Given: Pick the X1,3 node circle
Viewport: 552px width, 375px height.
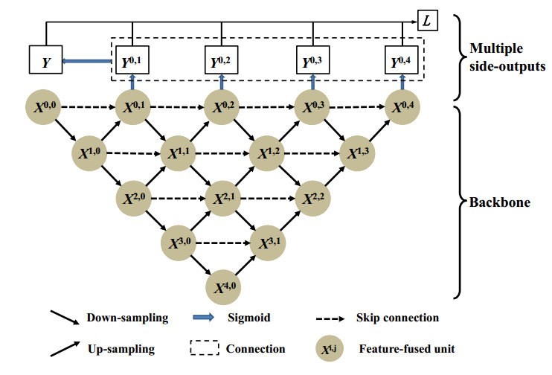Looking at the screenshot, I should click(358, 154).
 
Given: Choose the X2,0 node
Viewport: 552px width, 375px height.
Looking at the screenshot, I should click(133, 199).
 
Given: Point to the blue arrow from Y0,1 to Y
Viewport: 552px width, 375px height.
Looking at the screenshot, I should click(85, 63).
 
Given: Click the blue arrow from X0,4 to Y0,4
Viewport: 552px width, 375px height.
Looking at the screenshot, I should click(403, 80).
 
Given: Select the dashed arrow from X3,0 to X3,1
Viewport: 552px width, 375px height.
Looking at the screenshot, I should click(225, 243).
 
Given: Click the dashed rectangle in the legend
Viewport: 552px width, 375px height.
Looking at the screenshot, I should click(216, 348).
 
